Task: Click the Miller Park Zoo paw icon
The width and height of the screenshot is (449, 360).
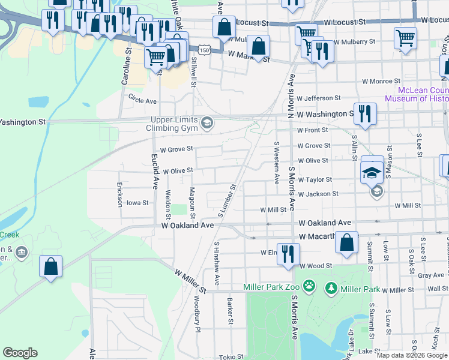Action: tap(309, 286)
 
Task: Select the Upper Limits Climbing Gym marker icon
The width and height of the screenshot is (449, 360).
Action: tap(207, 123)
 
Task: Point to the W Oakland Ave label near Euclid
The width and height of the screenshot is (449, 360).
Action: tap(188, 226)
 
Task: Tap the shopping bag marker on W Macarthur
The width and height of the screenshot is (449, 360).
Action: tap(347, 244)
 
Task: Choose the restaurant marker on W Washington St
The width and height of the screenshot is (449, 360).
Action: tap(364, 113)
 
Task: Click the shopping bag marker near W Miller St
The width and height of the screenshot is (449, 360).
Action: tap(51, 266)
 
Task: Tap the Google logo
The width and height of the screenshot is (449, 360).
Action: tap(20, 353)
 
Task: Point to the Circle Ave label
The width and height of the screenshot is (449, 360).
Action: tap(142, 101)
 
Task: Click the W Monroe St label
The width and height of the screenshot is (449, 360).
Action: tap(381, 81)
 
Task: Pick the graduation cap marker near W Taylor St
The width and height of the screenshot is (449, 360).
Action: tap(372, 173)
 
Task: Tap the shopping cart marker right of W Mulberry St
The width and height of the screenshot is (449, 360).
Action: tap(406, 39)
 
